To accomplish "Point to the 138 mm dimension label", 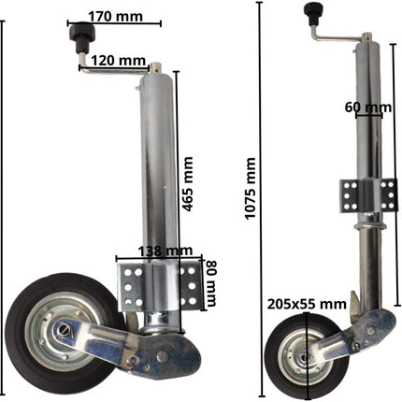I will click(158, 251).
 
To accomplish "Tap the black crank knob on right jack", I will click(310, 12).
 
